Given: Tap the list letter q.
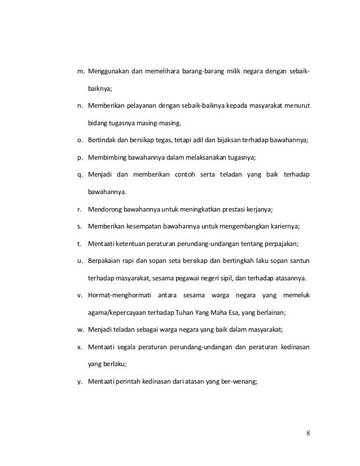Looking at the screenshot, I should click(80, 174).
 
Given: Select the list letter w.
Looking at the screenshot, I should click(81, 329).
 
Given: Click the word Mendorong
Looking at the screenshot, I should click(105, 209).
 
